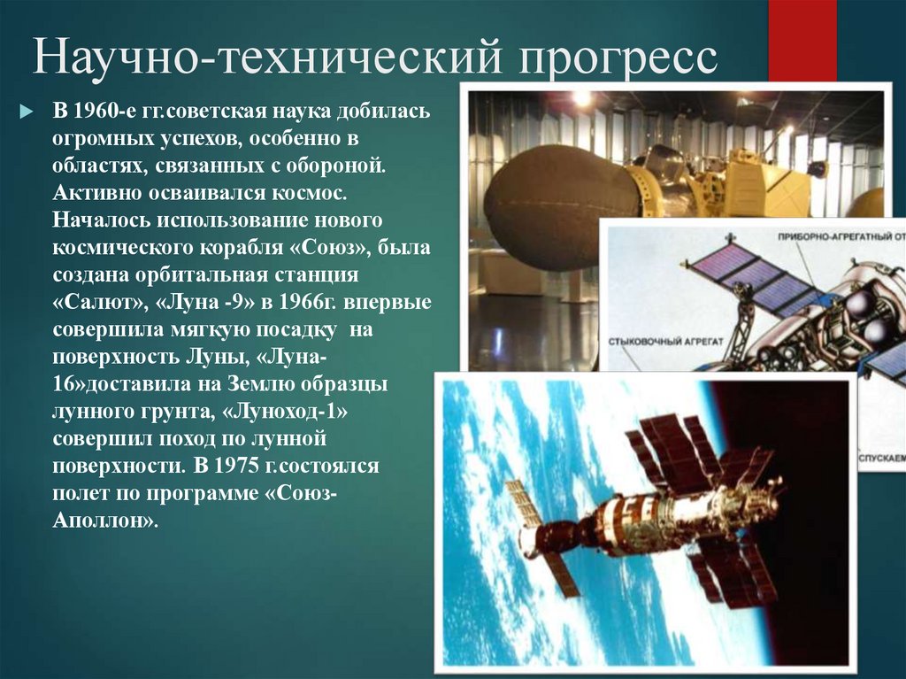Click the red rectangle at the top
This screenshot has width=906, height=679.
(802, 40)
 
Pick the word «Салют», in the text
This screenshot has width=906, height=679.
(98, 302)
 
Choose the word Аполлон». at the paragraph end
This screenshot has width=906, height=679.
(104, 521)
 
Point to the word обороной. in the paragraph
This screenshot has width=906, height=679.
(336, 165)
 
